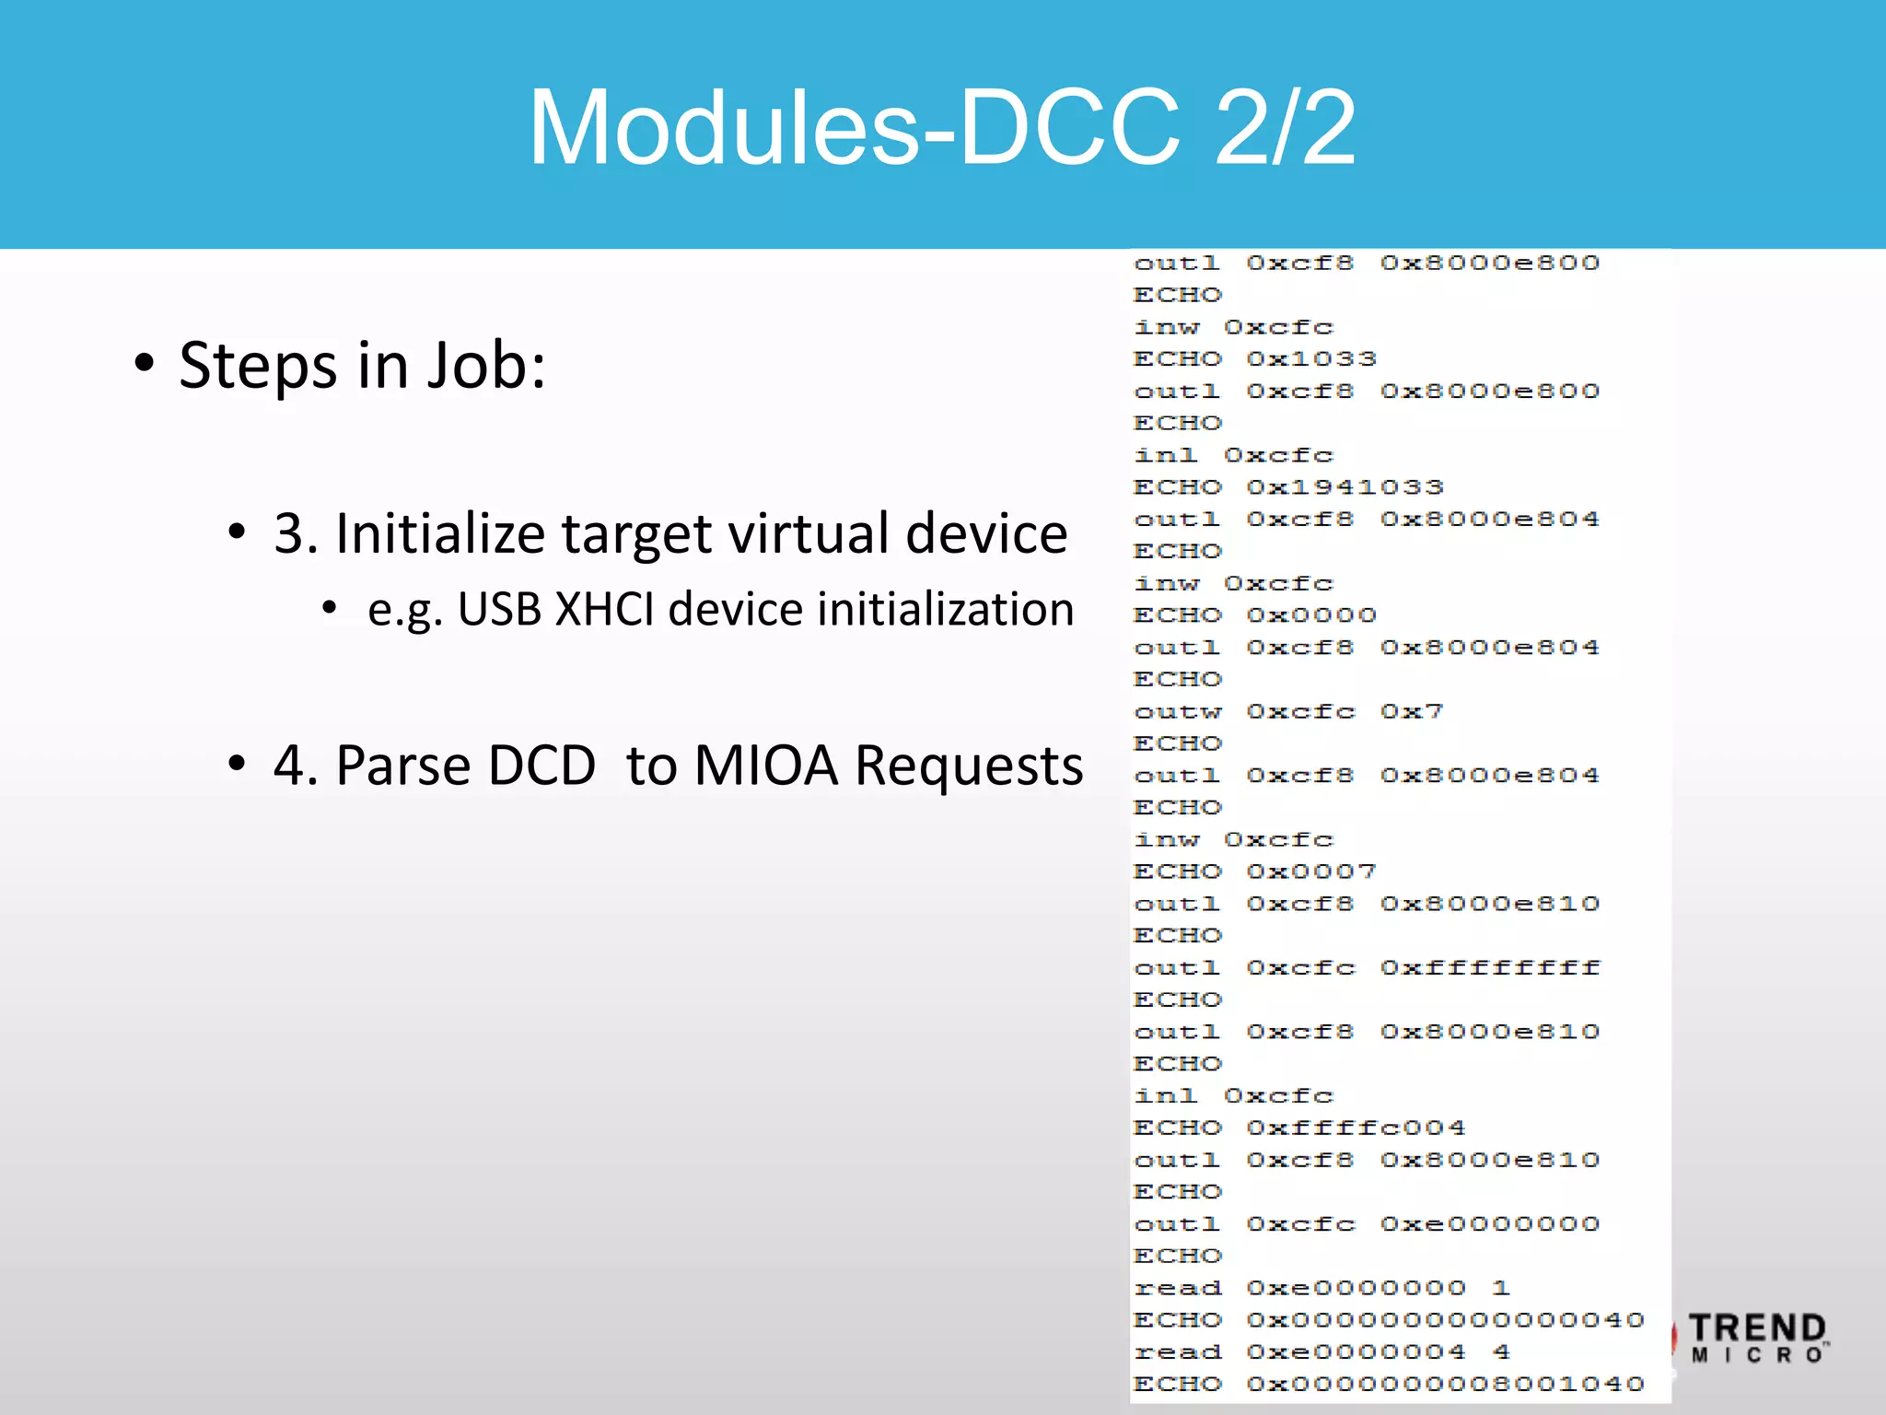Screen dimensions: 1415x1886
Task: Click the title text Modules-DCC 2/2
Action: (x=942, y=127)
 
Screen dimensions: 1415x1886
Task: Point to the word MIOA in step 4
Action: (x=766, y=766)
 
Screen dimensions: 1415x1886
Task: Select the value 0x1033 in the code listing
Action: (x=1311, y=358)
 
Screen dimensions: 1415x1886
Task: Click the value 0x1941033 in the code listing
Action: (x=1345, y=486)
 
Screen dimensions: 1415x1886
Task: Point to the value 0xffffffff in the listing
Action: (x=1489, y=967)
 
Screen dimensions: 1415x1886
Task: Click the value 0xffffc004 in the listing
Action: (x=1356, y=1128)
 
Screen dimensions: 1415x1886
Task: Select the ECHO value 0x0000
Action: (x=1311, y=614)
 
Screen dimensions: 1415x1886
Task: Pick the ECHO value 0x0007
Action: (x=1311, y=871)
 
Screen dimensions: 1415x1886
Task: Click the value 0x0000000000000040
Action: (x=1445, y=1319)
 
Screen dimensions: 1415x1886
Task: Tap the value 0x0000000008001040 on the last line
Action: (x=1445, y=1384)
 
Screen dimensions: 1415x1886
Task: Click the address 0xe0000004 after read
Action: (x=1356, y=1351)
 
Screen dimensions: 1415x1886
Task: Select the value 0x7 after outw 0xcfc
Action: (x=1411, y=711)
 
